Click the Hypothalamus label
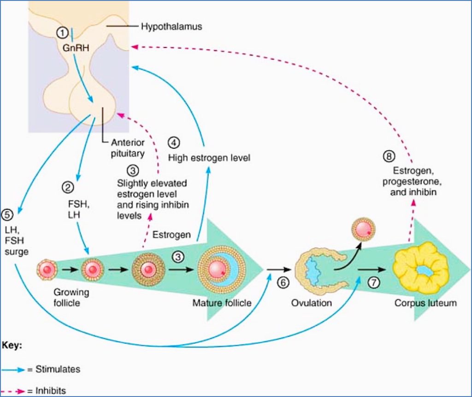point(171,27)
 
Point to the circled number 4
point(173,142)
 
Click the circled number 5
point(7,215)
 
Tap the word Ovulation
point(311,304)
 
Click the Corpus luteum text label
point(425,304)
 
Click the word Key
point(12,344)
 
